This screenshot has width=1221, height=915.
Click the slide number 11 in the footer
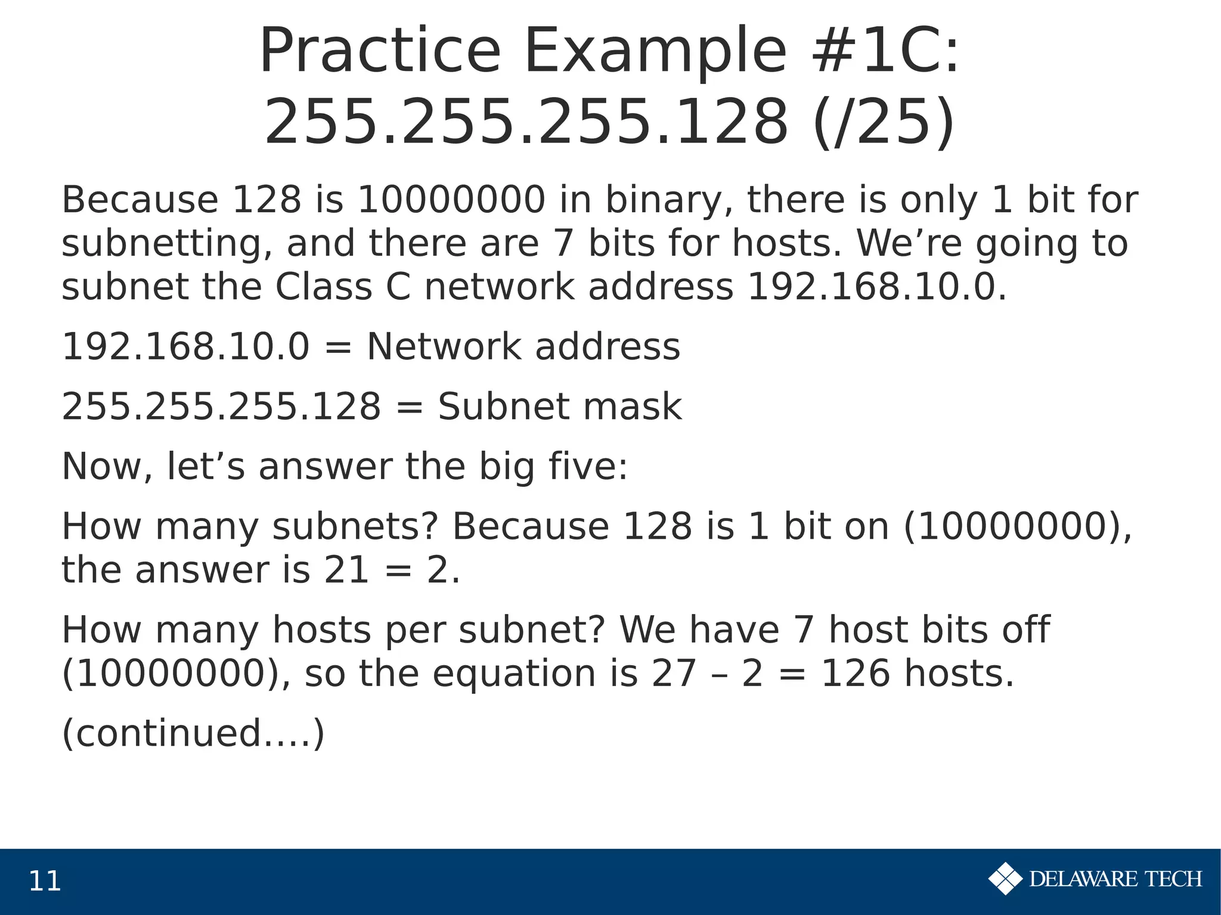(x=45, y=882)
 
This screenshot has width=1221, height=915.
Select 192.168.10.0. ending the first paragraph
(x=876, y=287)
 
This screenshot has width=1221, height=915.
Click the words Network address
(x=523, y=347)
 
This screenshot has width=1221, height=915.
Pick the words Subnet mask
(x=559, y=407)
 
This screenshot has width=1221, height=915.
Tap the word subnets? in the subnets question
(x=355, y=527)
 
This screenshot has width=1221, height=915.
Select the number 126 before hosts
(x=855, y=674)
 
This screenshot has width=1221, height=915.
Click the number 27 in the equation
(x=674, y=674)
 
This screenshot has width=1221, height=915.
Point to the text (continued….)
(x=193, y=734)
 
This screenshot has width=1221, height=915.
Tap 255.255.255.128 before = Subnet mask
(x=221, y=407)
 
